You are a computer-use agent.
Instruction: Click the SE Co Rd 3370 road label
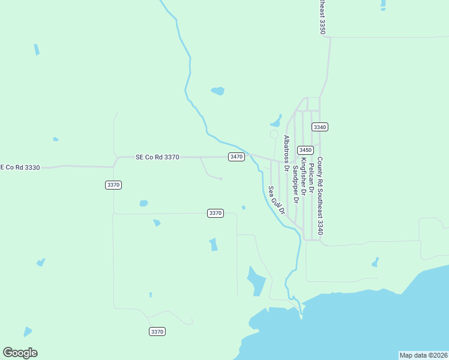click(x=157, y=157)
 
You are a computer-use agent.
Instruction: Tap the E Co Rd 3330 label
click(x=20, y=167)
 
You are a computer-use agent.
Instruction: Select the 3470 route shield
click(x=237, y=157)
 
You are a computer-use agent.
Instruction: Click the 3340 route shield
click(x=320, y=127)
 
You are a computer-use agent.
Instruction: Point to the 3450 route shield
click(x=306, y=150)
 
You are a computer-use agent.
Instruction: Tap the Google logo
click(x=20, y=353)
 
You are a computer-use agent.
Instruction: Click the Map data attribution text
click(x=423, y=355)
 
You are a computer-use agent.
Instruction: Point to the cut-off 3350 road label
click(x=322, y=16)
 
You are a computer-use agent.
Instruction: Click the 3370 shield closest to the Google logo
click(x=157, y=332)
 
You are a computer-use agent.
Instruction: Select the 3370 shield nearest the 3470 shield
click(x=215, y=213)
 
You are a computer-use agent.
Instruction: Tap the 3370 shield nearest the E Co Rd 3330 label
click(x=113, y=185)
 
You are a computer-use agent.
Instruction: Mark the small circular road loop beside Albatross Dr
click(x=274, y=134)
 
